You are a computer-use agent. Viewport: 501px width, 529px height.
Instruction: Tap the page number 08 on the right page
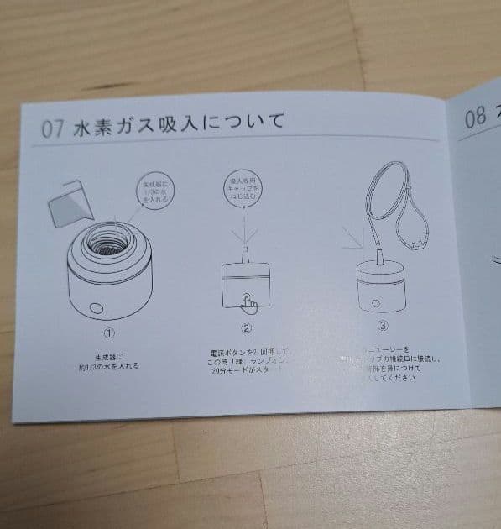475,117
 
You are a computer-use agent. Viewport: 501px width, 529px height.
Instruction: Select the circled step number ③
383,324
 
